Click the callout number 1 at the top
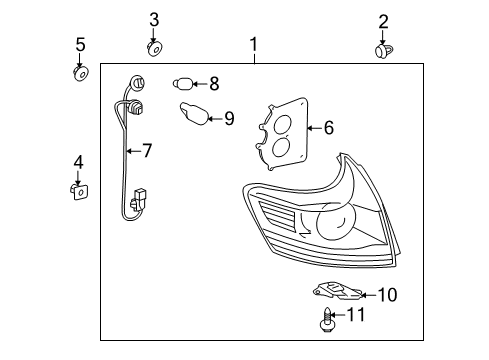254,45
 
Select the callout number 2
383,21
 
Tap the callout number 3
154,19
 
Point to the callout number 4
78,161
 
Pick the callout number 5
81,45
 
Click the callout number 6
328,127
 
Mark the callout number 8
213,84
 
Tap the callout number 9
228,119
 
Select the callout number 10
386,294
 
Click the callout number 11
357,315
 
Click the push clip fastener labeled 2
382,49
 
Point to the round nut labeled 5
81,71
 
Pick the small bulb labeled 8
184,84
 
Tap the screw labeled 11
329,319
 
